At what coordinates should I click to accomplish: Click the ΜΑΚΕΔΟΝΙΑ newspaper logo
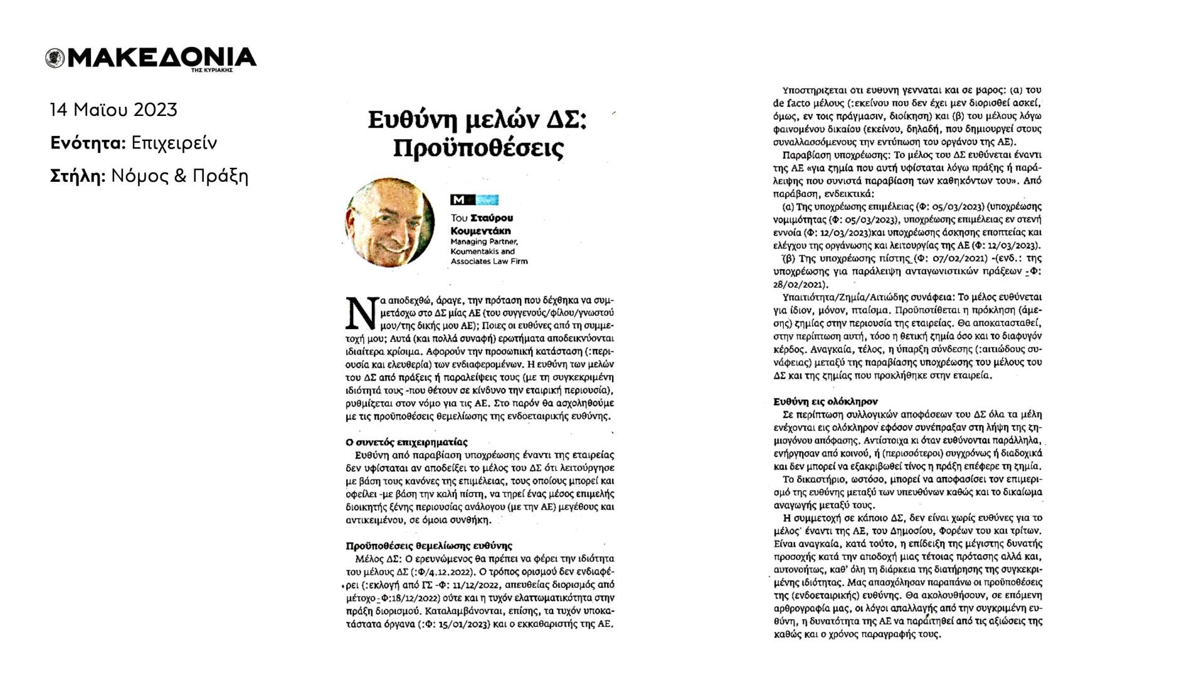pos(150,58)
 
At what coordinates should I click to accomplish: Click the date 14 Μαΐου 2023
pos(114,110)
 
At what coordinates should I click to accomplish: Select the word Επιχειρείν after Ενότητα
pos(174,143)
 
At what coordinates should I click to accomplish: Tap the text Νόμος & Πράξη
pos(179,176)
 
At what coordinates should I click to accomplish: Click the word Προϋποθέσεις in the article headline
pos(478,149)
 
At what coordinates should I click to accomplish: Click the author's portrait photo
pos(389,222)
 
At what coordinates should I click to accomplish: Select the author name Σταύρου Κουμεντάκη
pos(482,224)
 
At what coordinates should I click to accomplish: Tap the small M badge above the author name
pos(458,200)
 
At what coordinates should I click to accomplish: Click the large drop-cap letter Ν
pos(362,313)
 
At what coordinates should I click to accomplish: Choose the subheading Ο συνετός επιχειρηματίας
pos(406,442)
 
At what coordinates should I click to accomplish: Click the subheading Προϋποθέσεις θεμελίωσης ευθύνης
pos(429,545)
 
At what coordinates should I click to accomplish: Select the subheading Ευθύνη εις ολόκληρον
pos(825,401)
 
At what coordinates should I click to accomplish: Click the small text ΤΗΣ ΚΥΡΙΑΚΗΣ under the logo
pos(212,70)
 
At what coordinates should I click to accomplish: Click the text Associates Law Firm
pos(489,261)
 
